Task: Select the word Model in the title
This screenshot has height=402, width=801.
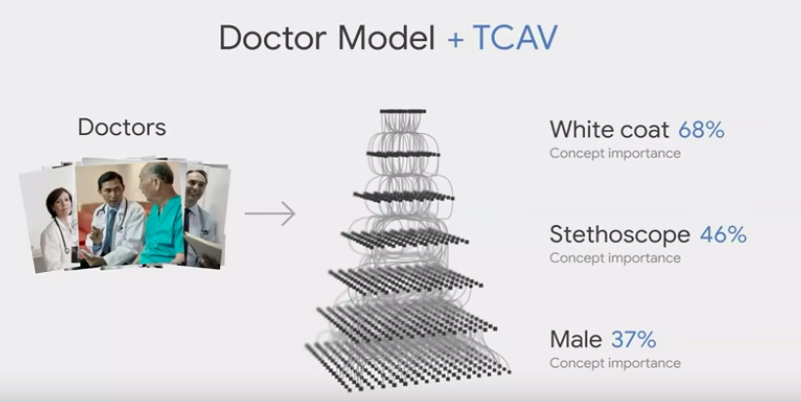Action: pos(385,37)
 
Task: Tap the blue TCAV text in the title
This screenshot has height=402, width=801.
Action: pos(514,37)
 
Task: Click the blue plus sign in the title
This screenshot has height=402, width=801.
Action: pos(455,40)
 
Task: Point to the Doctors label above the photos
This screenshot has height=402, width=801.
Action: pos(122,127)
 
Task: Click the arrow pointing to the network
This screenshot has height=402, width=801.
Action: pos(270,213)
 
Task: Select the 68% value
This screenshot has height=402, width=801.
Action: pos(701,130)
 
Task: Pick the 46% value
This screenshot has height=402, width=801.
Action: pos(724,235)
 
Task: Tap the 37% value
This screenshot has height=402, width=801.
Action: pos(634,339)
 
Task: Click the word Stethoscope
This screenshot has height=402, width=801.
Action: pos(620,235)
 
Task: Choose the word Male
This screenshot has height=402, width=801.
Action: pos(576,339)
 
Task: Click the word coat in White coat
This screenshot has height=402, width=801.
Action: pos(645,130)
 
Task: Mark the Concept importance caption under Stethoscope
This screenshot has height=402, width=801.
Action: pos(615,258)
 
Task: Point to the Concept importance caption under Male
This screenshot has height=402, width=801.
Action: pos(615,363)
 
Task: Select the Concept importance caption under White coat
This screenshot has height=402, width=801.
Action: pos(615,154)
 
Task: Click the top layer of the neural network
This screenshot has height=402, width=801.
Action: pos(403,111)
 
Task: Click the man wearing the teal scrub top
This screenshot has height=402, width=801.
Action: pos(159,214)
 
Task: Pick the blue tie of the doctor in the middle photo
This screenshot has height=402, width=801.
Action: pos(110,231)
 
